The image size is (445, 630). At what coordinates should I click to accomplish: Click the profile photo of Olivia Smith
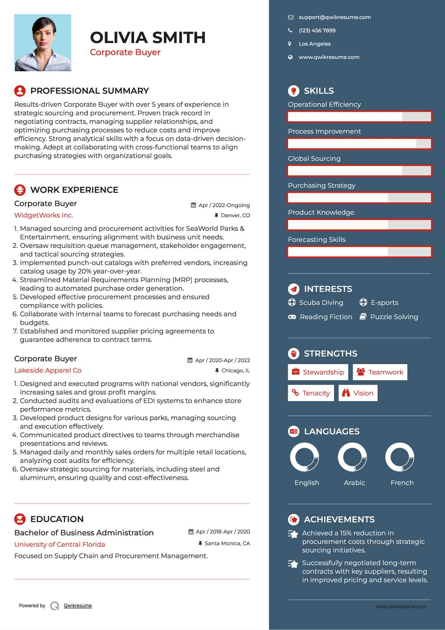point(43,43)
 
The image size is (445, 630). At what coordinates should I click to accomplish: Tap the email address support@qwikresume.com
point(335,17)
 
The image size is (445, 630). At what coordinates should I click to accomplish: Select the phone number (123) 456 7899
point(317,31)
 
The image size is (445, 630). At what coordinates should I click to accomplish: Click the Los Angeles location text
point(314,44)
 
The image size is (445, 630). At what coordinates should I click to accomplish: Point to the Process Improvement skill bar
point(359,144)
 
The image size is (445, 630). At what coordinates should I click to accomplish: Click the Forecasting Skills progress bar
point(359,252)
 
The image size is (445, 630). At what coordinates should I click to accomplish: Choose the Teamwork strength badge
point(380,372)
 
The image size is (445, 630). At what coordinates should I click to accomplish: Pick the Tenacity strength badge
point(311,393)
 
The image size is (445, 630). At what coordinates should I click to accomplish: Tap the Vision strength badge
point(358,393)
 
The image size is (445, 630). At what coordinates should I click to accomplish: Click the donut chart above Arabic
point(352,457)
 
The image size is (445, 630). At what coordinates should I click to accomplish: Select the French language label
point(402,483)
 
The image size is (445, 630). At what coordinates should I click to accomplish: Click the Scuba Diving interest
point(321,303)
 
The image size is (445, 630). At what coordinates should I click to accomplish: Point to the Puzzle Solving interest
point(394,317)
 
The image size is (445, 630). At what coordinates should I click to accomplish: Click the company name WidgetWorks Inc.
point(44,215)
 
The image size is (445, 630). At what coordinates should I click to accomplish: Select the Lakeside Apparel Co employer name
point(48,370)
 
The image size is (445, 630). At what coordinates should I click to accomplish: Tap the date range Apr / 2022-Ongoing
point(224,205)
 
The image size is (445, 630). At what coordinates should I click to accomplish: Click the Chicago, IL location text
point(236,370)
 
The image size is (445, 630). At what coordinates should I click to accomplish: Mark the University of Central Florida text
point(59,545)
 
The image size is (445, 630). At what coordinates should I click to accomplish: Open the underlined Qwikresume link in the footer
point(78,606)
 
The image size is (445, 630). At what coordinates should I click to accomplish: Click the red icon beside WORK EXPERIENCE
point(20,190)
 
